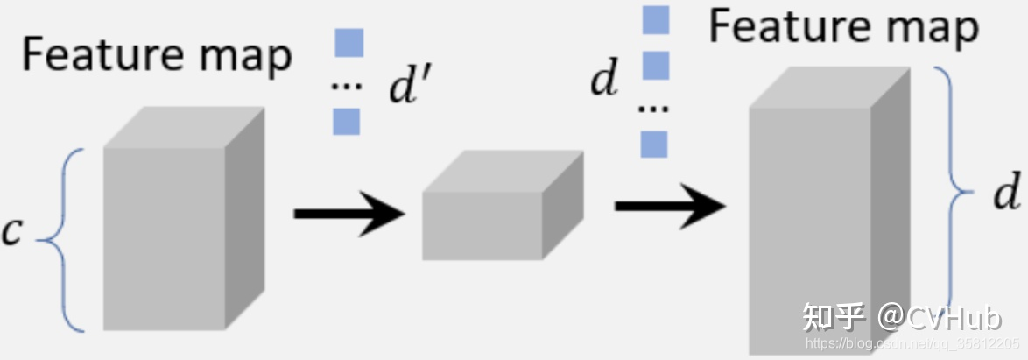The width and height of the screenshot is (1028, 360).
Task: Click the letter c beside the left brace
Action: coord(12,231)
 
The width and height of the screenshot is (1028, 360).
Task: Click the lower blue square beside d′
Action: coord(347,121)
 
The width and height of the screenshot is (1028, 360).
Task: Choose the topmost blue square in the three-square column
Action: coord(655,19)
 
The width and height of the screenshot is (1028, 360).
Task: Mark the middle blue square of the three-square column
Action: coord(655,65)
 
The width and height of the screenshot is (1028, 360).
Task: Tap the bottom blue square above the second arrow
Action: coord(654,144)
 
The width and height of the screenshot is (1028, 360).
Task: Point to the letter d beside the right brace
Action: coord(1006,193)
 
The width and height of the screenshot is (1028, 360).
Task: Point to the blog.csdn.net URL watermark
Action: coord(911,345)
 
